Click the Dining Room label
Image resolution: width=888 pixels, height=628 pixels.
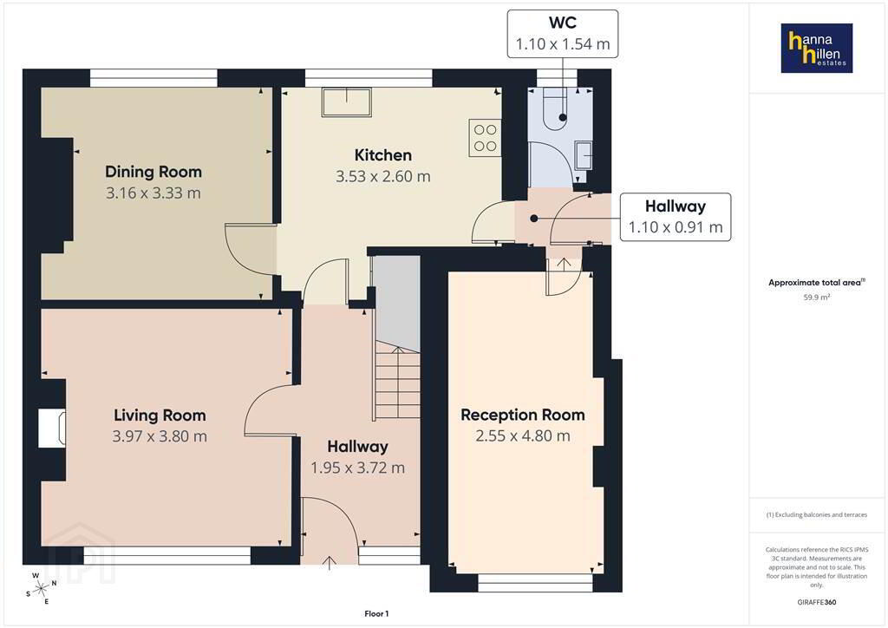(153, 172)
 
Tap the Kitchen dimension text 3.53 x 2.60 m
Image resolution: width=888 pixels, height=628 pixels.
(382, 177)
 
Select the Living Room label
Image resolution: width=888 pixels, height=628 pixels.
(160, 415)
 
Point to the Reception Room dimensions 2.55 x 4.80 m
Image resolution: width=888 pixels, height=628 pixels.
(523, 436)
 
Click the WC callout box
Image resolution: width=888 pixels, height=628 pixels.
(562, 34)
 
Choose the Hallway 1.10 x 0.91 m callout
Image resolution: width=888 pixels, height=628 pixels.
(675, 217)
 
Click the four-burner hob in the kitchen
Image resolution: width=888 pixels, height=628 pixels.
(485, 138)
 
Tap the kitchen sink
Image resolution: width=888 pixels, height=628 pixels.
(347, 102)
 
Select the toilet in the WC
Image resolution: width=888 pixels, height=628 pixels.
(554, 108)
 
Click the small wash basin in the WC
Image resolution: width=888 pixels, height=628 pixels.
(584, 154)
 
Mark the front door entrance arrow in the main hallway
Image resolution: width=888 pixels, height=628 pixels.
(330, 563)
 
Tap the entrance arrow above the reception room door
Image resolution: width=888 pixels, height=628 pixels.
(564, 264)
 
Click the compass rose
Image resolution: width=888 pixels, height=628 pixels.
(41, 589)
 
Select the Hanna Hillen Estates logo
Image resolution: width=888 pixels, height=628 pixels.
(817, 48)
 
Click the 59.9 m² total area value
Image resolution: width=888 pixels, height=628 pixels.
(817, 298)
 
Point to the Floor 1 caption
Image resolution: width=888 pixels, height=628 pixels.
(376, 614)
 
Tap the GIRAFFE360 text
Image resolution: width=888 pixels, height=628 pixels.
(817, 603)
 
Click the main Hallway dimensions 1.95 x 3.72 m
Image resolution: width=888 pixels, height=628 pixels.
(358, 468)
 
